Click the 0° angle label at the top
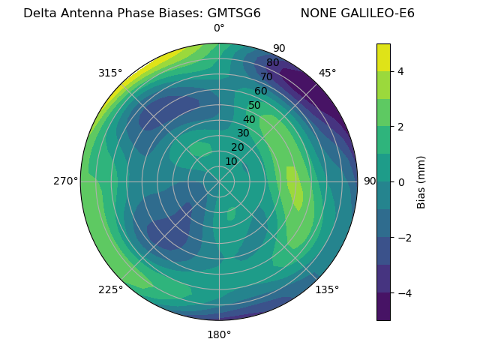[x=219, y=28]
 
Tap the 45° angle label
[x=327, y=73]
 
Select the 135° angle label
[x=327, y=289]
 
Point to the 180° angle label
[x=219, y=334]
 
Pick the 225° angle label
[x=110, y=289]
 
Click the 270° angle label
[x=65, y=181]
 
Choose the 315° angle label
[x=110, y=73]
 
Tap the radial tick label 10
[x=231, y=161]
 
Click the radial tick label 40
[x=249, y=119]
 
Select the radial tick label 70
[x=266, y=76]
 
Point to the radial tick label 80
[x=272, y=63]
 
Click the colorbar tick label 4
[x=401, y=71]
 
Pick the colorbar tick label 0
[x=401, y=181]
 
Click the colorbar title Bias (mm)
[x=421, y=181]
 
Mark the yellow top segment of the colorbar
[x=383, y=57]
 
